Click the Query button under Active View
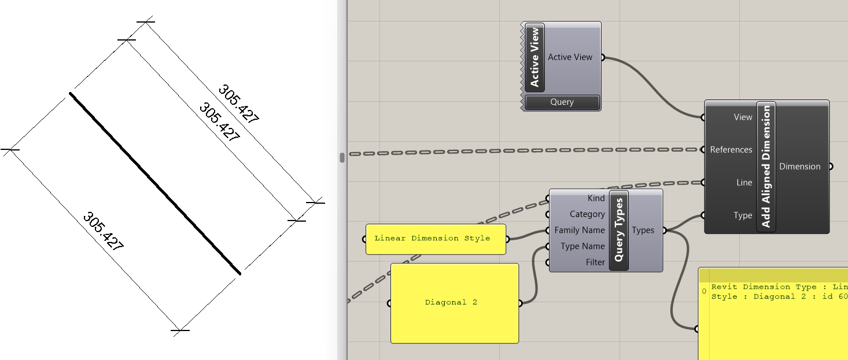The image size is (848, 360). tap(562, 102)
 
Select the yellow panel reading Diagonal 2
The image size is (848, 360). tap(454, 303)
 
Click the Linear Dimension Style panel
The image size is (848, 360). tap(435, 238)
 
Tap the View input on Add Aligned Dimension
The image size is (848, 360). tap(743, 117)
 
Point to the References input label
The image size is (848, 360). tap(731, 150)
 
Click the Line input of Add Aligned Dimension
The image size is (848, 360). tap(744, 183)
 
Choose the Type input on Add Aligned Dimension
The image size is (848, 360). tap(743, 215)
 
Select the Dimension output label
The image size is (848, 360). tap(799, 167)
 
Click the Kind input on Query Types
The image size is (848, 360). tap(596, 199)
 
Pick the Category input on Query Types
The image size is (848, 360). tap(587, 214)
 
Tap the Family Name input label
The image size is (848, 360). tap(579, 230)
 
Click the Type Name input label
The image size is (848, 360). tap(582, 247)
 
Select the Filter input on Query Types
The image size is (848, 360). tap(595, 262)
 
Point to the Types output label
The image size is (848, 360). tap(643, 230)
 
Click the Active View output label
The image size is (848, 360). tap(570, 57)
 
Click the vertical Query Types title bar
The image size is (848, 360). tap(619, 230)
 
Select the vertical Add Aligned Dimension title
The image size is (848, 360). tap(766, 167)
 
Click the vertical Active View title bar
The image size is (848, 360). tap(534, 57)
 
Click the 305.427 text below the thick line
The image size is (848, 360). tap(103, 232)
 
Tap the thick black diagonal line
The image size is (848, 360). tap(154, 183)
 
